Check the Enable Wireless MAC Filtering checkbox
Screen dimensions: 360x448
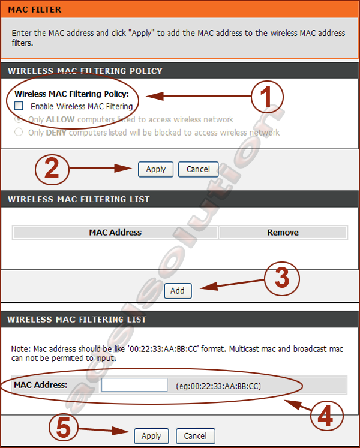19,106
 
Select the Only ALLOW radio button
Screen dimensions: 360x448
19,119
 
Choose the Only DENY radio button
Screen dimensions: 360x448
19,132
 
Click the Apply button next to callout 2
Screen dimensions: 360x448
155,169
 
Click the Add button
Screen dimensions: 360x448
178,291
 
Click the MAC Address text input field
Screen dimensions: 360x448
134,385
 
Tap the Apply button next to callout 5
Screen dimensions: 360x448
151,436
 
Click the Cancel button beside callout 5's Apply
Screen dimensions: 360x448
195,436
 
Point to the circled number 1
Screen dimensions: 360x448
267,97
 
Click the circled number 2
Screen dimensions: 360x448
52,170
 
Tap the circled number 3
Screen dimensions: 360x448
282,278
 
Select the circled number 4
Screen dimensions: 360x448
326,416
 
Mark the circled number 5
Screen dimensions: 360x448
64,428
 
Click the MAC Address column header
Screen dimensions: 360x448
115,233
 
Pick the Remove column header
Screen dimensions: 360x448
283,233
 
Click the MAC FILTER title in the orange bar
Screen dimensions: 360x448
35,10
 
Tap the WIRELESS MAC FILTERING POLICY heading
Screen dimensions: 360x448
85,71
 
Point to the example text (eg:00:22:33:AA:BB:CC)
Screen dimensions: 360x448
218,386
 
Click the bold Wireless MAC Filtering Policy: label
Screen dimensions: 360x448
72,94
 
